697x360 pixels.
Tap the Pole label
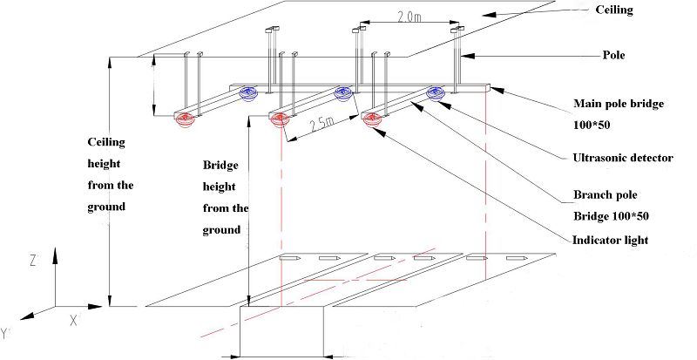point(616,54)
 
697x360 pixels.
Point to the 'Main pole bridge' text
point(617,103)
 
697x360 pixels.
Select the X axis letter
point(74,321)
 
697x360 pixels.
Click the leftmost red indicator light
point(185,119)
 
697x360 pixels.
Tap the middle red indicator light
point(279,119)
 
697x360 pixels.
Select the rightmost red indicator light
point(373,119)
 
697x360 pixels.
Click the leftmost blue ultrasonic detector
point(247,92)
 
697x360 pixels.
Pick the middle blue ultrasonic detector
point(342,92)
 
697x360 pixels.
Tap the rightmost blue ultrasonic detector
point(435,92)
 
